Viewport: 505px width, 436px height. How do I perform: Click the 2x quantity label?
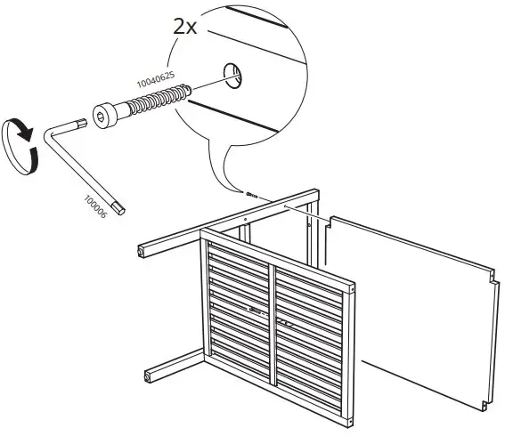click(185, 26)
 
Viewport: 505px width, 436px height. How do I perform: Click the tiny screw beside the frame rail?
click(251, 193)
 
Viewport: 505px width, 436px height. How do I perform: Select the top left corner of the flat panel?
click(327, 217)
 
